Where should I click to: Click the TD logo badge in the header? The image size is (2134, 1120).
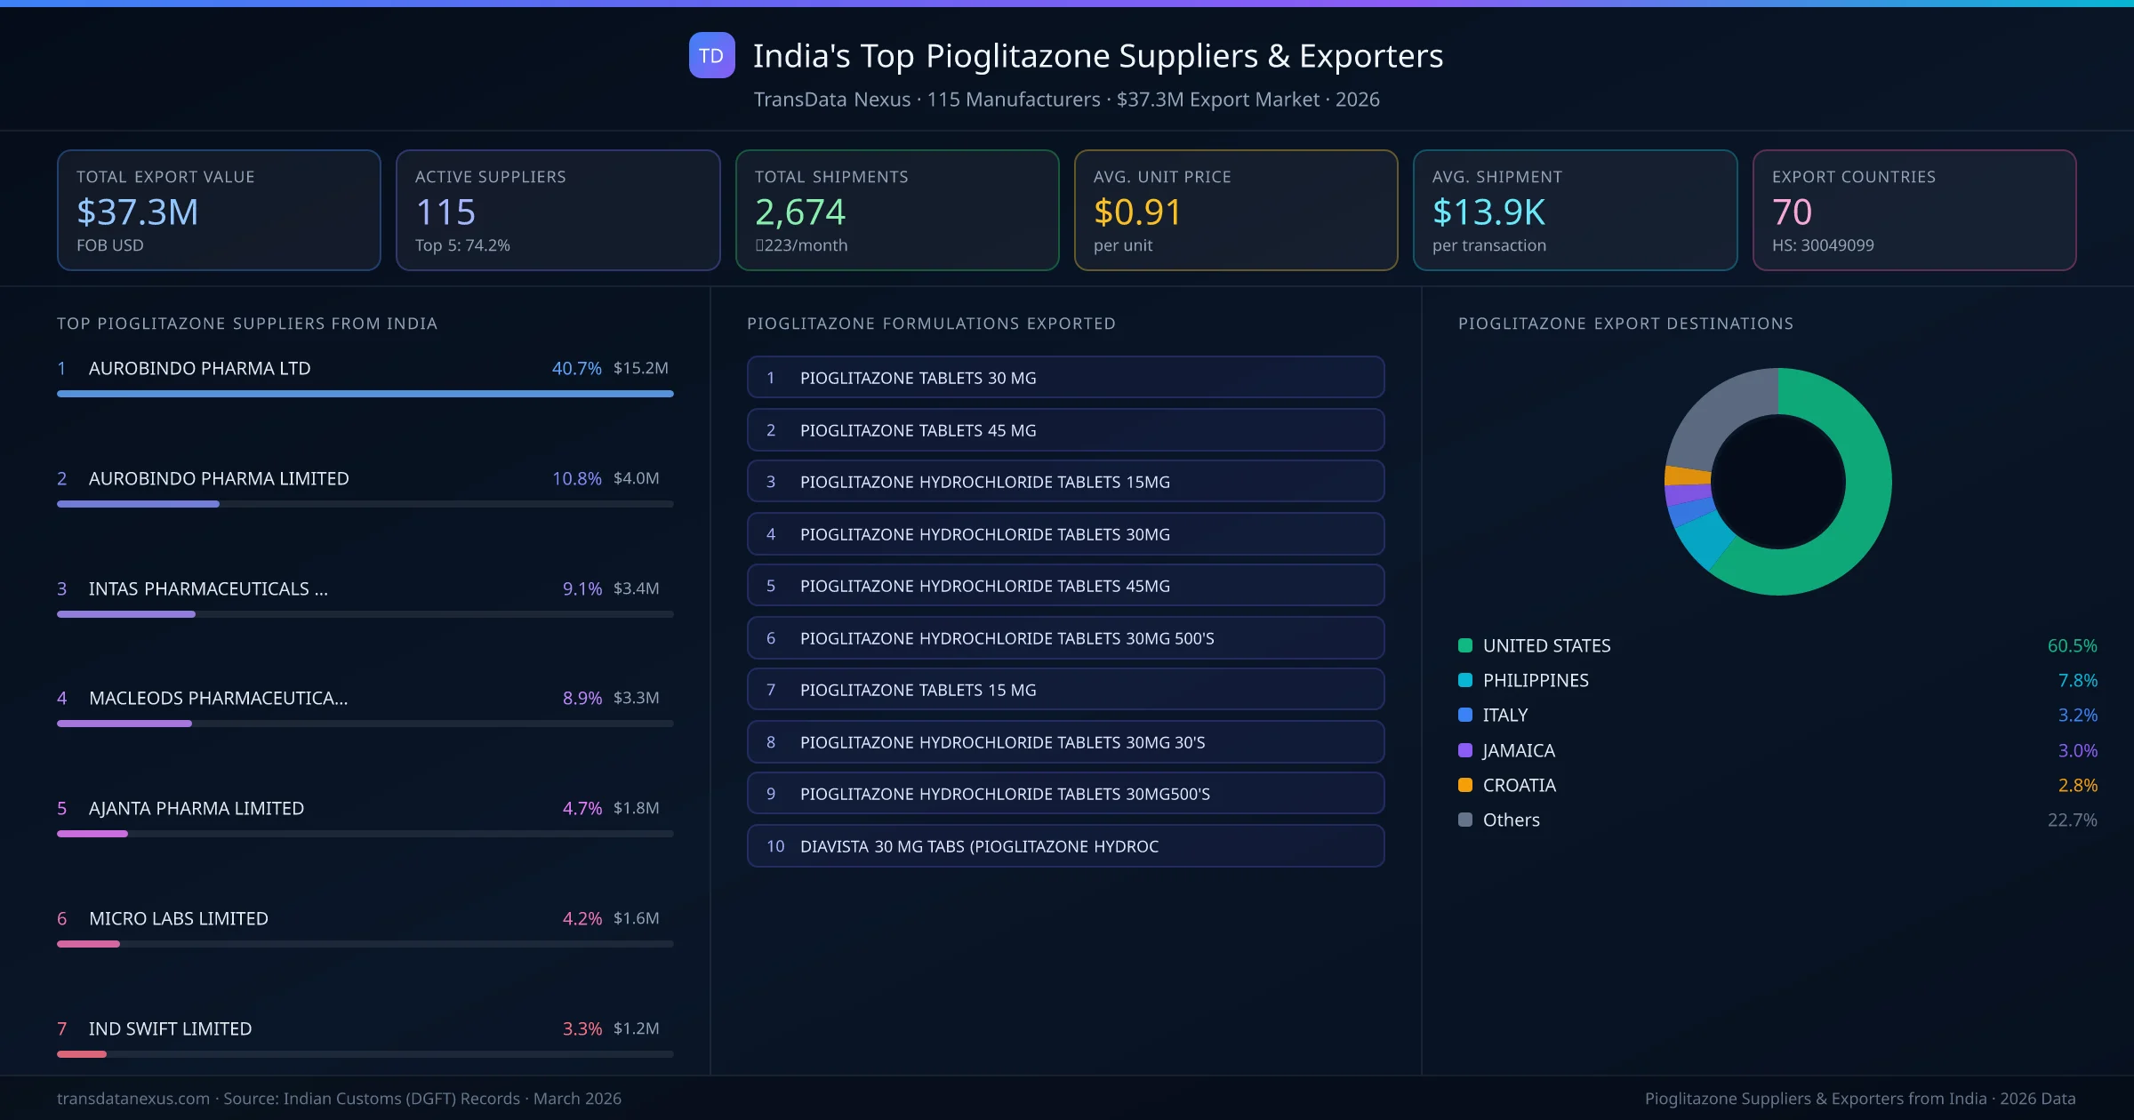711,55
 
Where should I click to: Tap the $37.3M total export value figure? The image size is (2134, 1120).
138,212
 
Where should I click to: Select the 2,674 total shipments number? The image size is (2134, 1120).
800,212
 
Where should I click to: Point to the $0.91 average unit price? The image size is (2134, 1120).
1137,212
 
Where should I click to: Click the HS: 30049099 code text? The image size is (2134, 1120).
1823,245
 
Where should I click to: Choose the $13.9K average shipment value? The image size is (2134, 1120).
1488,212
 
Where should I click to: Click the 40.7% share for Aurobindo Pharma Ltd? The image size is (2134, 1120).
576,368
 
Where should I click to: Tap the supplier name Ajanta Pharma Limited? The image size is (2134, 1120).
197,808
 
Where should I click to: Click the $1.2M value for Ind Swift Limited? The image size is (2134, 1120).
637,1028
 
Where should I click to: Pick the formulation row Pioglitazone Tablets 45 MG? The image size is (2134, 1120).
1065,430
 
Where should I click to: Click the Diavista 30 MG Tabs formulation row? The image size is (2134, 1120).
1065,846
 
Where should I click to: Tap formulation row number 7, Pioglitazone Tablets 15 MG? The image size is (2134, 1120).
1065,690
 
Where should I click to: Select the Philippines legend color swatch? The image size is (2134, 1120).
1465,680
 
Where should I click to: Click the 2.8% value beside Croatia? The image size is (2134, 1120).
2077,785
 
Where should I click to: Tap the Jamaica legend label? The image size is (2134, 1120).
1519,750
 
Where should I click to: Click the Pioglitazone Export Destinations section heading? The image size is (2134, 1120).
1625,324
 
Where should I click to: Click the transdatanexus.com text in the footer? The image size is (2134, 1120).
133,1099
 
